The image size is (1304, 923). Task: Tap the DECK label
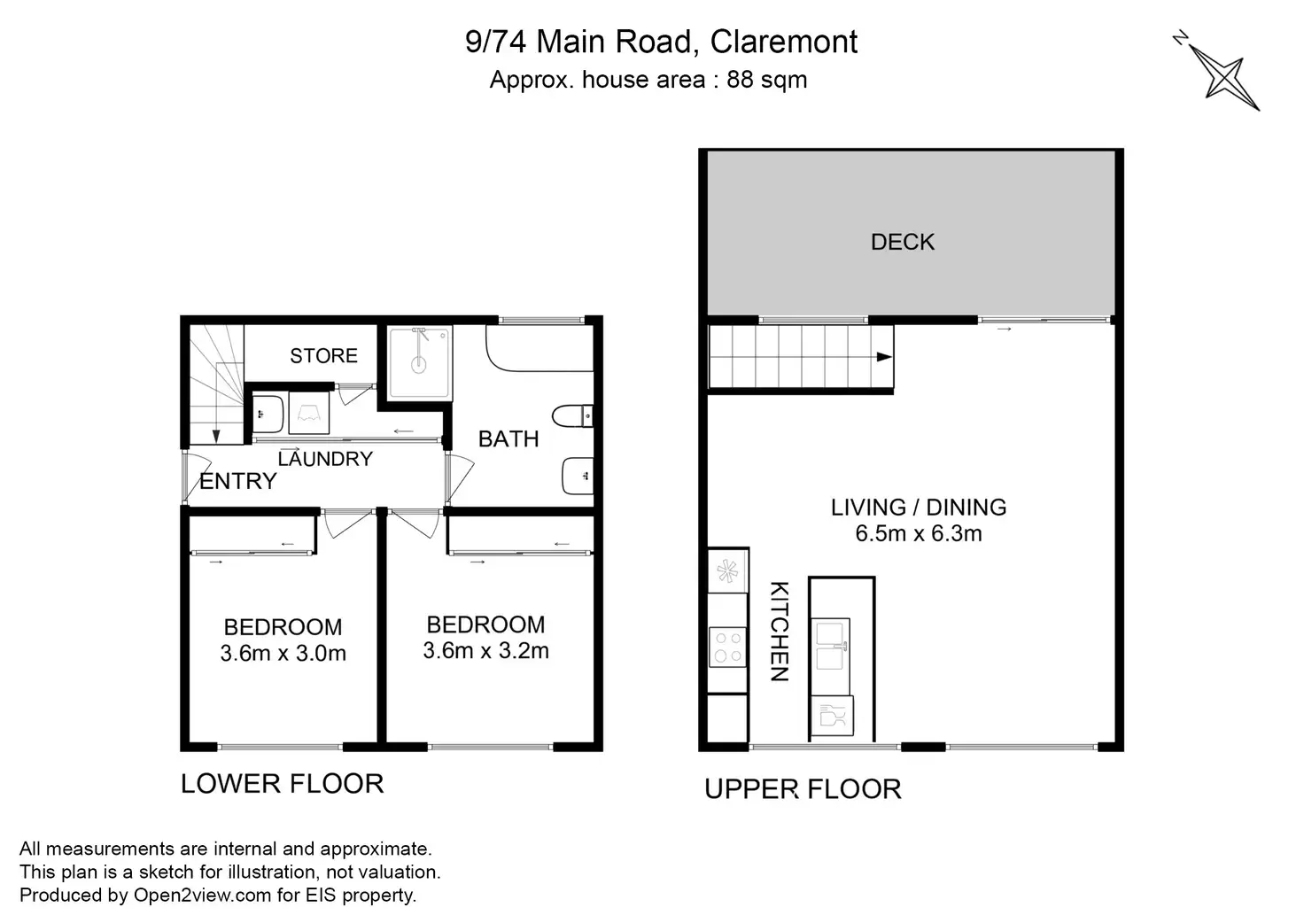tap(903, 242)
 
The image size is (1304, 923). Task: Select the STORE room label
tap(323, 355)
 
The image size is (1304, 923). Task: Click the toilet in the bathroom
tap(572, 416)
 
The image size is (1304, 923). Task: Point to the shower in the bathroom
tap(420, 363)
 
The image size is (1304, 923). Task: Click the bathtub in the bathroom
tap(539, 348)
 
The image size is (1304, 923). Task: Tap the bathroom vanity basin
tap(578, 476)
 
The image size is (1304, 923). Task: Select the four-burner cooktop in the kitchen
tap(727, 647)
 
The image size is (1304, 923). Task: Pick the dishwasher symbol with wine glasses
tap(833, 715)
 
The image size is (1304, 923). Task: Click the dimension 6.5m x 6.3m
tap(918, 533)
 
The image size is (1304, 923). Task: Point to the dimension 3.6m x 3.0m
tap(283, 653)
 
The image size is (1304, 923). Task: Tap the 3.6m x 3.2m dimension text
tap(485, 651)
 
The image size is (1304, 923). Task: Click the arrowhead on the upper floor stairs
tap(884, 357)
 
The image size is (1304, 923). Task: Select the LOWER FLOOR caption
tap(283, 783)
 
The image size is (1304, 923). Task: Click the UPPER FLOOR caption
tap(803, 789)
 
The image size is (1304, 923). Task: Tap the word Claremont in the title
tap(784, 42)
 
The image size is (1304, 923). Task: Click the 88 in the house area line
tap(740, 80)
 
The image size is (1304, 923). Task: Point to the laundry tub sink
tap(268, 414)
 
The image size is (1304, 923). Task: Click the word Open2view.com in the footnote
tap(203, 895)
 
